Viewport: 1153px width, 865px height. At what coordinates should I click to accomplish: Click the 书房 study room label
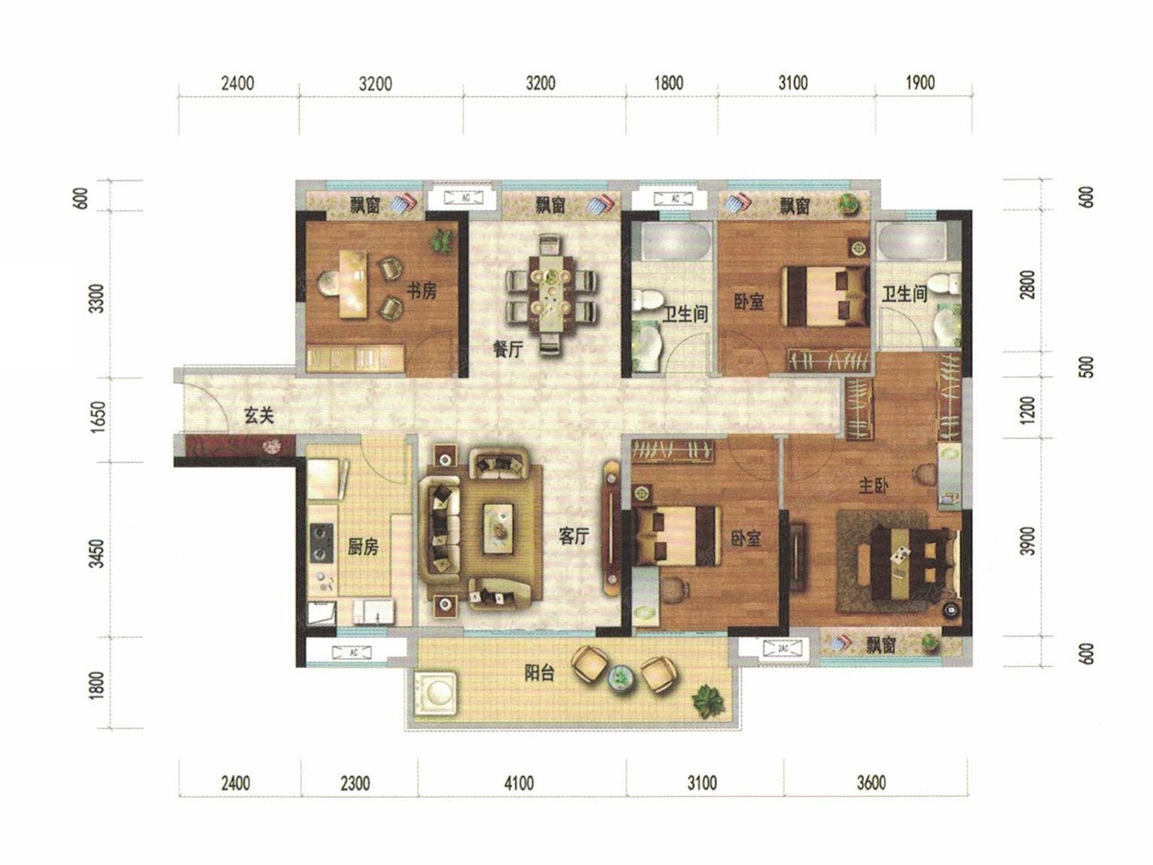(422, 290)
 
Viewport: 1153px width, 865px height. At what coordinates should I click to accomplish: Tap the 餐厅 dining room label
(508, 349)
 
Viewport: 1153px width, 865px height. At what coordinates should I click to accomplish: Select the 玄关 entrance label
(259, 416)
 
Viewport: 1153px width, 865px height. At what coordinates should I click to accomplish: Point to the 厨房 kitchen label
(363, 547)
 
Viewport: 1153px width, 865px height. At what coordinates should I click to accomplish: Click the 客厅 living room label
(574, 536)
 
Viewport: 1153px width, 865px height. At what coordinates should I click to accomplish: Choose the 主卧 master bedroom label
(873, 486)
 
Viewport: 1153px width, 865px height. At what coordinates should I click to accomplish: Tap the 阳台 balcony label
(540, 673)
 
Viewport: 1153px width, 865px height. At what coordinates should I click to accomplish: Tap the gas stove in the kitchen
(322, 542)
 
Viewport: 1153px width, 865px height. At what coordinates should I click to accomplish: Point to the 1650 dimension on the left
(98, 417)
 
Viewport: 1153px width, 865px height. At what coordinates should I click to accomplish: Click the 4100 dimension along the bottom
(519, 783)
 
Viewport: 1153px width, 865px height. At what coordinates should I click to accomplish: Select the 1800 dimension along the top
(668, 83)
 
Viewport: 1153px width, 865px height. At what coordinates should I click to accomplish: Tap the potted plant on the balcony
(709, 702)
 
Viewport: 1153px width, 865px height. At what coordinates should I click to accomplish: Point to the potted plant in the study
(441, 241)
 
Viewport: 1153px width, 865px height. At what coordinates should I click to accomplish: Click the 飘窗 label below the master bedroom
(881, 644)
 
